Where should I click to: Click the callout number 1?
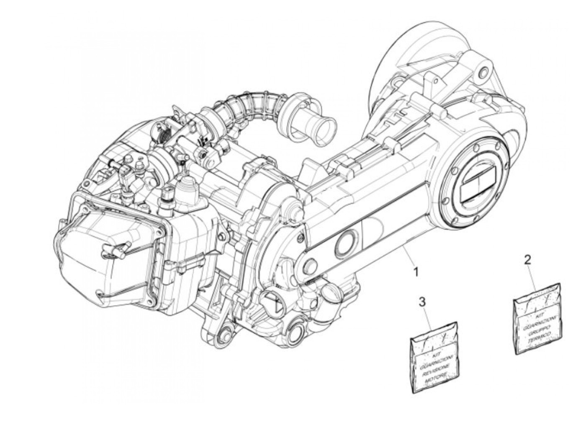click(415, 272)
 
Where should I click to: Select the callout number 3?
click(422, 301)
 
